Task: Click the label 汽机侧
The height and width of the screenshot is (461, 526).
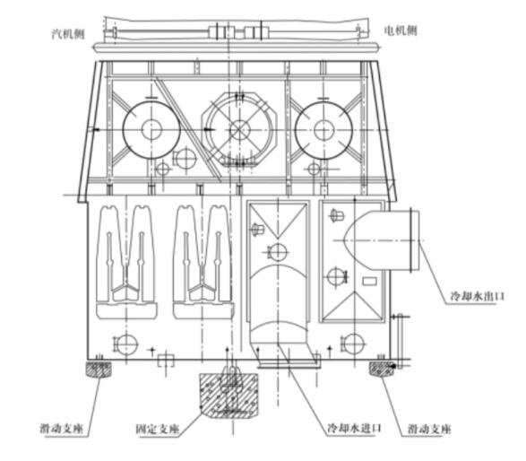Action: pyautogui.click(x=68, y=33)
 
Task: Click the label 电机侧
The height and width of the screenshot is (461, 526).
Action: pyautogui.click(x=401, y=30)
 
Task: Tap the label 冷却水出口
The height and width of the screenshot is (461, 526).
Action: pyautogui.click(x=477, y=296)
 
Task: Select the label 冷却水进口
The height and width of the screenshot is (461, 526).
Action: pyautogui.click(x=354, y=428)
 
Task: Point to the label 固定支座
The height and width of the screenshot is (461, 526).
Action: pyautogui.click(x=158, y=429)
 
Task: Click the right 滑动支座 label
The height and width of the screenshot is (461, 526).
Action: pyautogui.click(x=429, y=429)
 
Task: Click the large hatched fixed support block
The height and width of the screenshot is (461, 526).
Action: pyautogui.click(x=229, y=396)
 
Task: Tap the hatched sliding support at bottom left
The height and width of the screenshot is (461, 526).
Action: pyautogui.click(x=99, y=369)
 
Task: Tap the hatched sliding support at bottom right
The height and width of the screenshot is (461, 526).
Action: pyautogui.click(x=382, y=369)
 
